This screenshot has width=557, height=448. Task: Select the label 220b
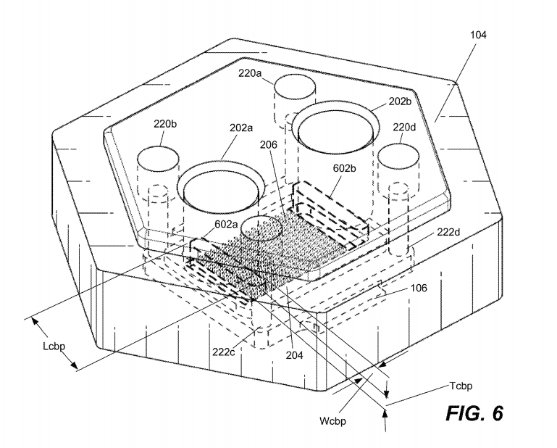pyautogui.click(x=164, y=124)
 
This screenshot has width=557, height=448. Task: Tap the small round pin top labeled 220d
pyautogui.click(x=398, y=158)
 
